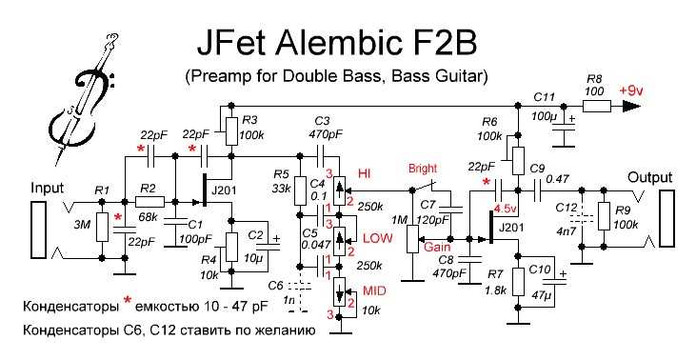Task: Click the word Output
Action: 649,178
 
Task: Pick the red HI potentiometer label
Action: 363,172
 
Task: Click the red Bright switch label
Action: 423,169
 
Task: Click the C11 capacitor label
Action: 545,98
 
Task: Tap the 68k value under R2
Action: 148,218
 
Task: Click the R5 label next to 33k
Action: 280,174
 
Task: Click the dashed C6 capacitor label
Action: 275,285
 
